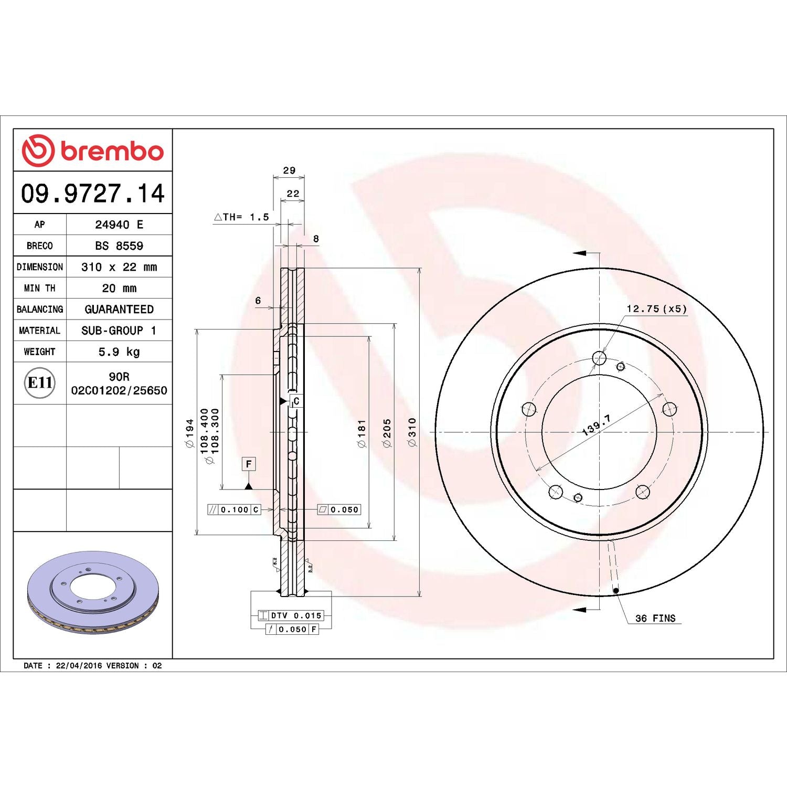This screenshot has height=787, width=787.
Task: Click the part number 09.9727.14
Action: coord(93,193)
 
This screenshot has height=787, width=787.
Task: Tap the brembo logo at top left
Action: coord(93,151)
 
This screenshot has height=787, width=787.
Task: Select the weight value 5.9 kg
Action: coord(119,352)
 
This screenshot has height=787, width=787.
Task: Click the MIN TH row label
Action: coord(39,288)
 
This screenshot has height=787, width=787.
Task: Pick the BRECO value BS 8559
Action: coord(119,246)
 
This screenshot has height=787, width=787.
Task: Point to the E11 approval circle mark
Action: coord(40,383)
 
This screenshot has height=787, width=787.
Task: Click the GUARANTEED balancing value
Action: coord(119,309)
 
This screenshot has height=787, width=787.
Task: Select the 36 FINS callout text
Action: coord(655,618)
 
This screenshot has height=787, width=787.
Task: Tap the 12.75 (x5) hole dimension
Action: coord(656,309)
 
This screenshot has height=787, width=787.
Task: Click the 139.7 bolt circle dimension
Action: coord(597,425)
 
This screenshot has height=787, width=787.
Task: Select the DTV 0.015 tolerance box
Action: coord(291,615)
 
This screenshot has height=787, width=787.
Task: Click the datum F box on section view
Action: coord(249,464)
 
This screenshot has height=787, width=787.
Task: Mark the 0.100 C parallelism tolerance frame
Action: coord(234,509)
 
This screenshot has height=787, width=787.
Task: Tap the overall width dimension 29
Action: coord(289,171)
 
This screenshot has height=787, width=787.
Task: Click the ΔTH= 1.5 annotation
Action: coord(241,217)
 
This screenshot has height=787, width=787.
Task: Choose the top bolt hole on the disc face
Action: coord(599,358)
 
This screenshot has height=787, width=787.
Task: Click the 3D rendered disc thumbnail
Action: coord(93,592)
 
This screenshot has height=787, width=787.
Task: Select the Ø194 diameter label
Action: coord(189,432)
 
